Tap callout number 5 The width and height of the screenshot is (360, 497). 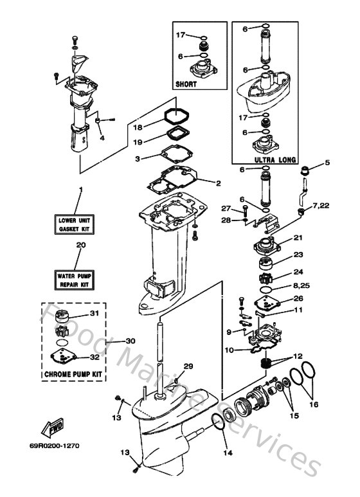pos(327,163)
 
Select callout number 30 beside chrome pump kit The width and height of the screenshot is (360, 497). pos(130,341)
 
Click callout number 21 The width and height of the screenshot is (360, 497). pos(298,238)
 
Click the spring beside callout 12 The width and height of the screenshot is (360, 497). pos(265,364)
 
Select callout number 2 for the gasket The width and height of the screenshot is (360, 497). pos(218,183)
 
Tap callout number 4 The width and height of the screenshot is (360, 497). pos(101,136)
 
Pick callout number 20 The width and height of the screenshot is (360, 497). pos(80,244)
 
